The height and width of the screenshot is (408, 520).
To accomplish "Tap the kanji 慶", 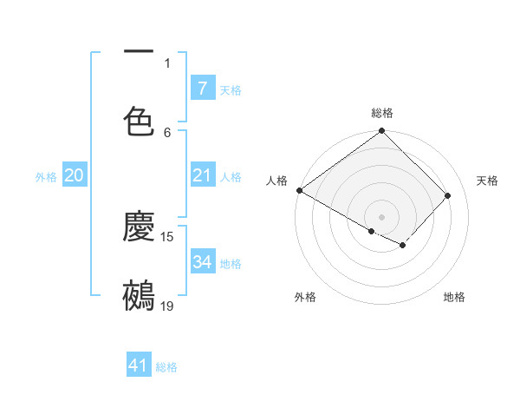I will point(139,227).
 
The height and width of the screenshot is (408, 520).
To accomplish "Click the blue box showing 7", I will point(202,88).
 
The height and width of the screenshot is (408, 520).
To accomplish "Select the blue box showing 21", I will point(202,176).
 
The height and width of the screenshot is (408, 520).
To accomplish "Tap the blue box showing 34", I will point(202,261).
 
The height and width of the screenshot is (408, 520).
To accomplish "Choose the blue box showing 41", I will point(139,365).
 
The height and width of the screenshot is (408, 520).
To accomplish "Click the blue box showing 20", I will point(74,176).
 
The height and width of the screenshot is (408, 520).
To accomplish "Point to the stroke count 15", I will point(167,237).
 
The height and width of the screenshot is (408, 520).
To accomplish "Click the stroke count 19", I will point(167,306).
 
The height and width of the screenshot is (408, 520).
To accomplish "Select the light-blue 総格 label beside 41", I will point(166,367).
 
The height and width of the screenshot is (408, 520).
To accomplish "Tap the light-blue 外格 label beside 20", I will point(46,177).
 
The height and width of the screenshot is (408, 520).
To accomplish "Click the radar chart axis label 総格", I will point(381,113).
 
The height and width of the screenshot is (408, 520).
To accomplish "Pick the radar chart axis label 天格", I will point(487,181).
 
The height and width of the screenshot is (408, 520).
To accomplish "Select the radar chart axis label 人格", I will point(276,181).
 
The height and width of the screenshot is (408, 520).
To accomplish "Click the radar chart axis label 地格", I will point(454,297).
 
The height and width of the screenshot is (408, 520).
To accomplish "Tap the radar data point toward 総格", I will point(381,132).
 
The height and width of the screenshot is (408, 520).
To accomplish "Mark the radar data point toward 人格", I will point(299,190).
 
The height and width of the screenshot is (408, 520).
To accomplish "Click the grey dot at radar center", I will point(381,216).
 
